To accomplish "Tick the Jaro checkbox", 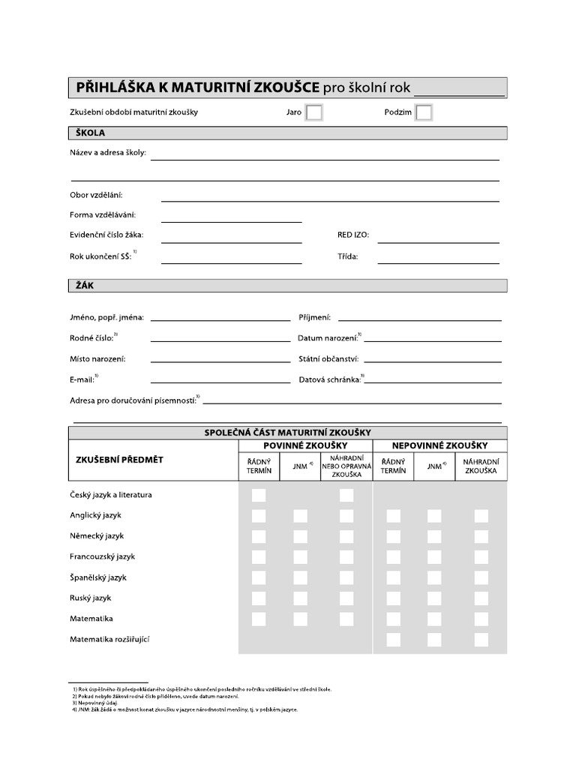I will point(314,112).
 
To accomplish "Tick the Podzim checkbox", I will point(424,112).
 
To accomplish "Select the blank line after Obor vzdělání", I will point(330,196).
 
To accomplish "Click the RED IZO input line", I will point(438,238).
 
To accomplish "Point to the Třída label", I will point(348,256).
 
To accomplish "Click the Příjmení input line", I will point(419,316).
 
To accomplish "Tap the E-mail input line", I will point(220,379).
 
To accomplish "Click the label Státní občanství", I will point(328,359).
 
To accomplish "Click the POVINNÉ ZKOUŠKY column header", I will point(305,445).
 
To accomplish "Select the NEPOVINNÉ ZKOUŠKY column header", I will point(439,445).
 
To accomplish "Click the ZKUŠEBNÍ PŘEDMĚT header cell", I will point(119,459).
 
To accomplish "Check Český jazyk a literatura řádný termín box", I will point(259,495).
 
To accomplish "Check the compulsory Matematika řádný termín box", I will point(259,619).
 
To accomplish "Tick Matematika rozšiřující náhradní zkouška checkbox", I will point(481,640).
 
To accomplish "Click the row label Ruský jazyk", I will point(90,598).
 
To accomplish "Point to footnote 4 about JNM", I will point(184,709).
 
